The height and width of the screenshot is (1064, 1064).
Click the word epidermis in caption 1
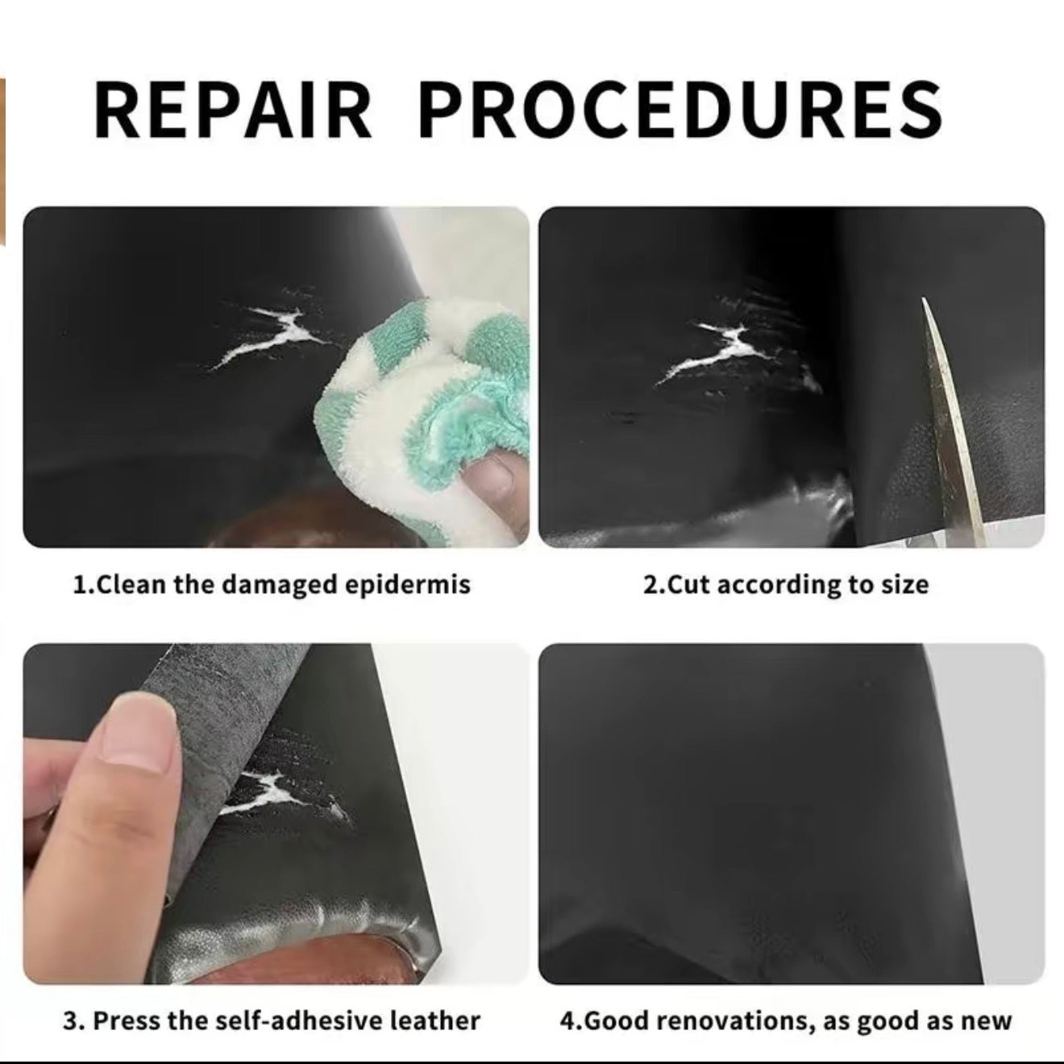408,585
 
